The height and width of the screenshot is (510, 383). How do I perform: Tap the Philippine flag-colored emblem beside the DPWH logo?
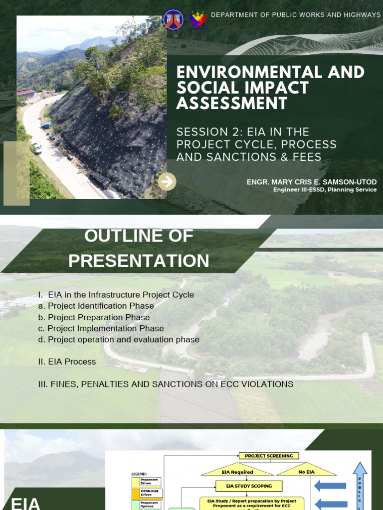[198, 19]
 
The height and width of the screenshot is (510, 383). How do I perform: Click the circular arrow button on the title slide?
[167, 182]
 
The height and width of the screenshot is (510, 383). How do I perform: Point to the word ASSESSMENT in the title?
[232, 104]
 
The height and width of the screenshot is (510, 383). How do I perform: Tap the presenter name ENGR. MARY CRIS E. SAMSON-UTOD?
[312, 182]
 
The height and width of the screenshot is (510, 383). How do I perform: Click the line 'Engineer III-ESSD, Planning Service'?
[325, 190]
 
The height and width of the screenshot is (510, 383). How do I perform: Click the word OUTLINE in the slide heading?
[119, 236]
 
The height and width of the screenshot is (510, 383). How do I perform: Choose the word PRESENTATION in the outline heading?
[139, 261]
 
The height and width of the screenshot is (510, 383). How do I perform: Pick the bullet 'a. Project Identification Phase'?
[96, 306]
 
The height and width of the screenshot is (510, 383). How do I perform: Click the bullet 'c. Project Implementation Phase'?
[101, 329]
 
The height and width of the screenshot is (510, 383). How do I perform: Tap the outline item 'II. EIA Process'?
[67, 362]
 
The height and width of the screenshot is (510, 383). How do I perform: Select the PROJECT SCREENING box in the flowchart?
[269, 456]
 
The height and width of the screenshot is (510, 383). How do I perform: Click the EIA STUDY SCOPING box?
[249, 486]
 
